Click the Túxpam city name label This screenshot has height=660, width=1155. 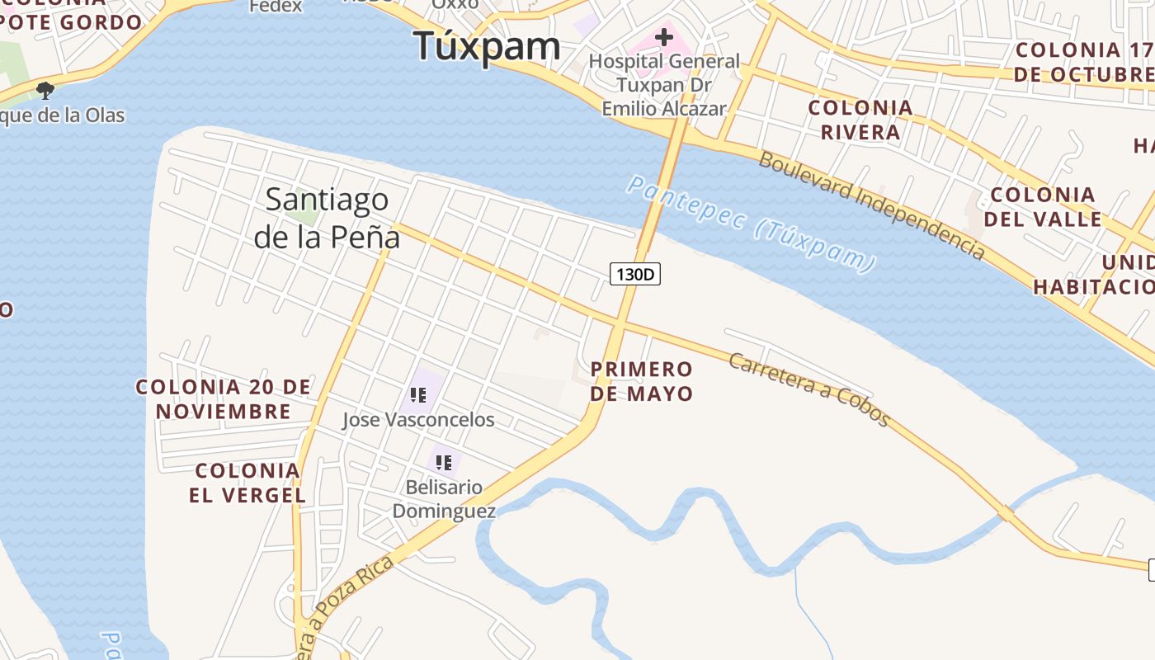pyautogui.click(x=487, y=46)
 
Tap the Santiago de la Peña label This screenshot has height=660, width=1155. pyautogui.click(x=327, y=218)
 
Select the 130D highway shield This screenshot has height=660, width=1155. pyautogui.click(x=635, y=274)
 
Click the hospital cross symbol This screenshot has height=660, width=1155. pyautogui.click(x=664, y=37)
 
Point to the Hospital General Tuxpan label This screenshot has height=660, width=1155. pyautogui.click(x=664, y=84)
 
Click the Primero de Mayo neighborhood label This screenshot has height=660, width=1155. pyautogui.click(x=642, y=381)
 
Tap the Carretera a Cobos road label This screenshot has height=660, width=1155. pyautogui.click(x=808, y=389)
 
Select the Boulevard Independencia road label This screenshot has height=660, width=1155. pyautogui.click(x=871, y=205)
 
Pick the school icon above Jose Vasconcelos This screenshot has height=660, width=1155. pyautogui.click(x=418, y=395)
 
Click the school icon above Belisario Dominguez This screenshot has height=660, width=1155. pyautogui.click(x=444, y=462)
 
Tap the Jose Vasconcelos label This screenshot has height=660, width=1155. pyautogui.click(x=418, y=420)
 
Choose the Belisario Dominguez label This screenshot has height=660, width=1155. pyautogui.click(x=444, y=499)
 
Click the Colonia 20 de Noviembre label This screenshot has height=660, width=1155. pyautogui.click(x=223, y=398)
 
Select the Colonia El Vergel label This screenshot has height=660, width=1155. pyautogui.click(x=247, y=483)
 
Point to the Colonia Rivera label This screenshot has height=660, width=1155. pyautogui.click(x=860, y=120)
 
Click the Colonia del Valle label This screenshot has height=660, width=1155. pyautogui.click(x=1043, y=207)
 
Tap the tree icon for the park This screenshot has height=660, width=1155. pyautogui.click(x=45, y=90)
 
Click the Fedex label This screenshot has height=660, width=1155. pyautogui.click(x=276, y=7)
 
